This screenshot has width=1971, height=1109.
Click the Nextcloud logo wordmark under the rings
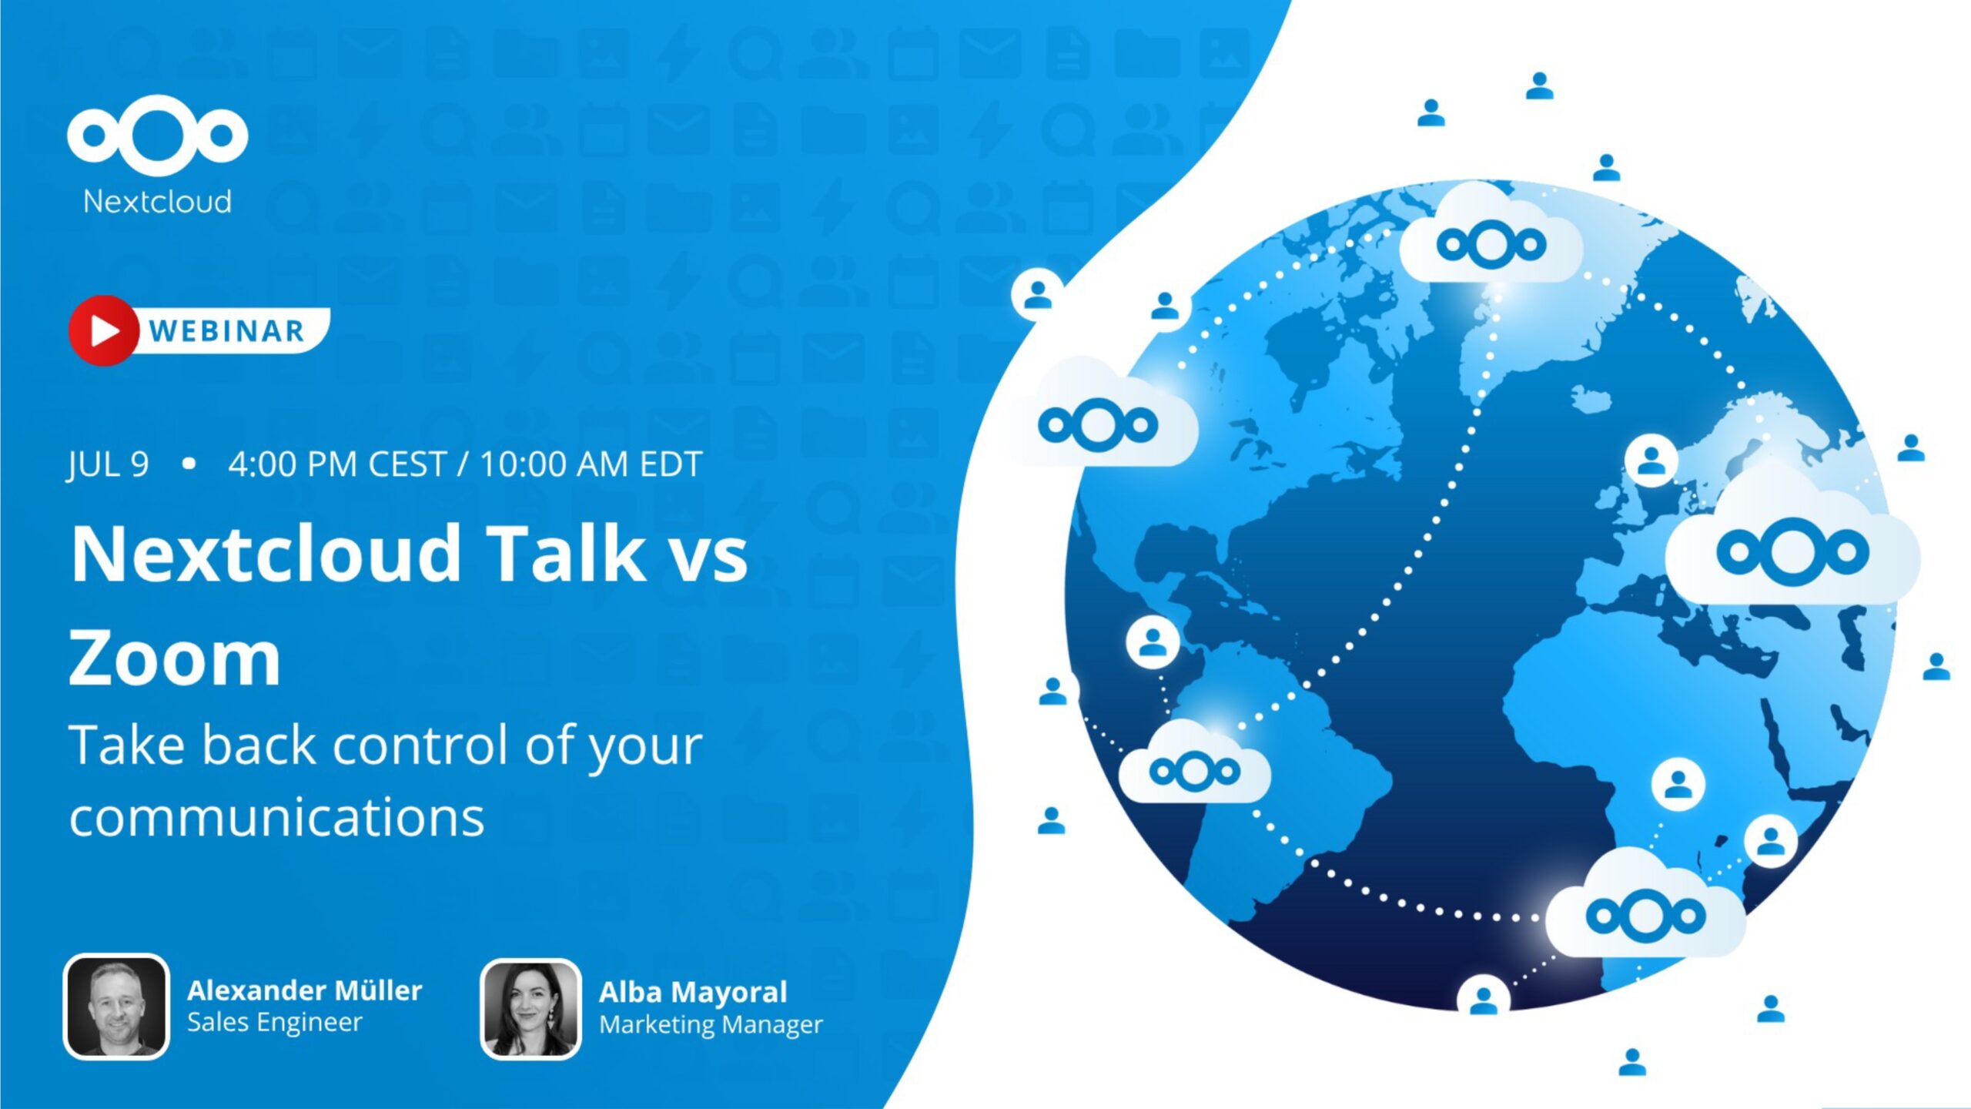click(x=157, y=202)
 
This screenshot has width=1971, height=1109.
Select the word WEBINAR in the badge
click(x=226, y=331)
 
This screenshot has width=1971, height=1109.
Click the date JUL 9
click(x=108, y=464)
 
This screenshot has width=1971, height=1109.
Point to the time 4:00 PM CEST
click(x=337, y=464)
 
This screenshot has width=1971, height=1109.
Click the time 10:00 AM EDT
click(x=591, y=464)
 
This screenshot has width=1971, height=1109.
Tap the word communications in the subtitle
click(x=277, y=817)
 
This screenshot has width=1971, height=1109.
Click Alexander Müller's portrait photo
click(x=116, y=1007)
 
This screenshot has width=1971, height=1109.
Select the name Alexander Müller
click(x=304, y=990)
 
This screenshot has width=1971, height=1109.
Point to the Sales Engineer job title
click(x=274, y=1023)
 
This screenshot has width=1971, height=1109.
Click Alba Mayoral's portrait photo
click(x=530, y=1008)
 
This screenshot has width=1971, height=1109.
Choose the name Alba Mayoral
click(x=693, y=992)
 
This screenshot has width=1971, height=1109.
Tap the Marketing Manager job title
click(x=711, y=1025)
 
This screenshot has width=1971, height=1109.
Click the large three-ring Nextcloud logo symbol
click(x=157, y=135)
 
